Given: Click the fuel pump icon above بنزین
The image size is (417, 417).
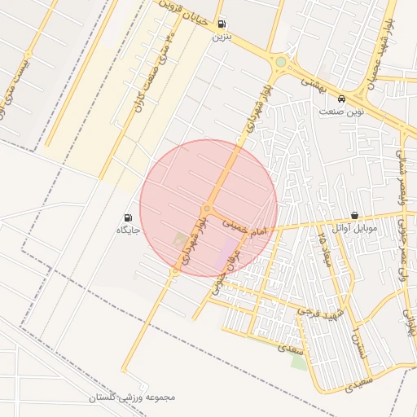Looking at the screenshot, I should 222,24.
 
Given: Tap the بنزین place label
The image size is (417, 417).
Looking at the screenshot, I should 222,37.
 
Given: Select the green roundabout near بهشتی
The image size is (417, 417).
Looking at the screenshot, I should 281,62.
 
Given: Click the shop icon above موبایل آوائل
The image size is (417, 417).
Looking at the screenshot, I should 354,216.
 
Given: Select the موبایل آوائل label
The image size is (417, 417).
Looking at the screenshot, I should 355,229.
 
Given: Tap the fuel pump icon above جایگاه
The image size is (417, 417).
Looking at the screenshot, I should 128,217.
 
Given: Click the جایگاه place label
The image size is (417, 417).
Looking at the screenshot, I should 129,230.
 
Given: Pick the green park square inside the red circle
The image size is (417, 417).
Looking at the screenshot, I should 180,240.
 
